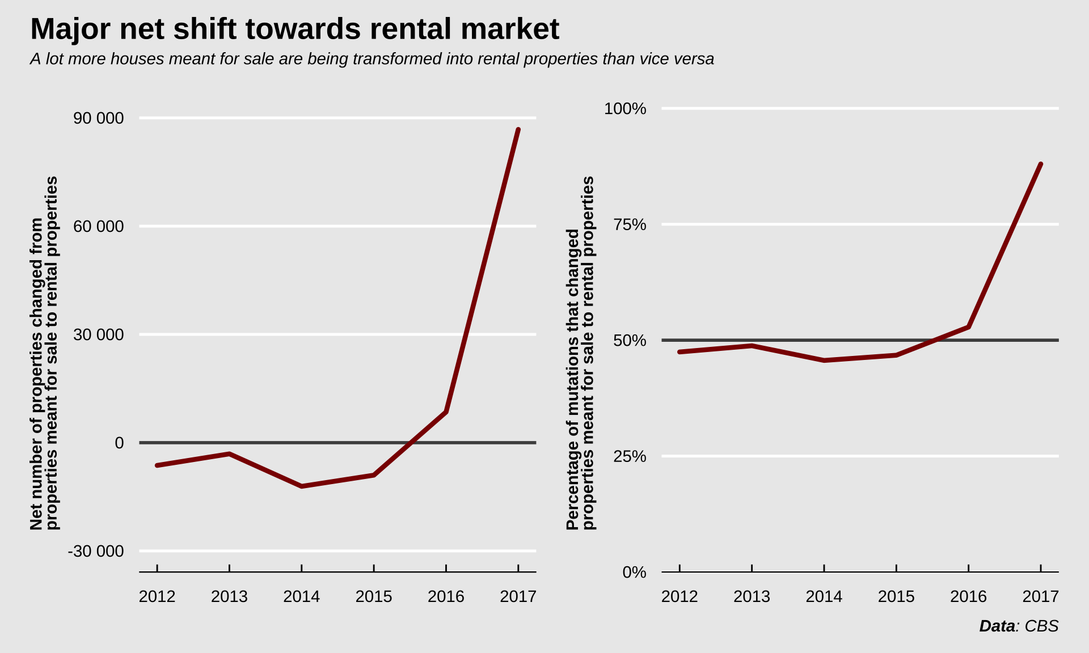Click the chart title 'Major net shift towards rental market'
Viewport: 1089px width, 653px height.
294,29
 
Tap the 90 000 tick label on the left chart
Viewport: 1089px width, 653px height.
98,118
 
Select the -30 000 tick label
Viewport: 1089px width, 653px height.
95,552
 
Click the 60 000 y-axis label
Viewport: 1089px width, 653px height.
98,227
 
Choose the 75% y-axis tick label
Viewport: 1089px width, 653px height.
630,225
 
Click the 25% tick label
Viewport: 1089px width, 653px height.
630,456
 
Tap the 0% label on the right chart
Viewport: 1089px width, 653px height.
634,573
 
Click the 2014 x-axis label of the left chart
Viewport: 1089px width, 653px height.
301,597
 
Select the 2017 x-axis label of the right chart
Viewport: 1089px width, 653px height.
1040,597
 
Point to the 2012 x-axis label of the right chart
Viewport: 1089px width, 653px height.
679,597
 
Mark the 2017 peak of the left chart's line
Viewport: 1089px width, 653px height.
518,130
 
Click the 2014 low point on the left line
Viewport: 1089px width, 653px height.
301,486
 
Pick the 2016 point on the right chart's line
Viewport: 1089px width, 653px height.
969,327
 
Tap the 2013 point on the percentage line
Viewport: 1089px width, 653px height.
752,346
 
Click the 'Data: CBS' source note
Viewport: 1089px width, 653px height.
1019,626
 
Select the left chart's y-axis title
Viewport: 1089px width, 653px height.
44,353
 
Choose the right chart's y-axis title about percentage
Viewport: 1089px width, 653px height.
581,353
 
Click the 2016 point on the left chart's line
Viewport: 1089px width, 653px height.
446,412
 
